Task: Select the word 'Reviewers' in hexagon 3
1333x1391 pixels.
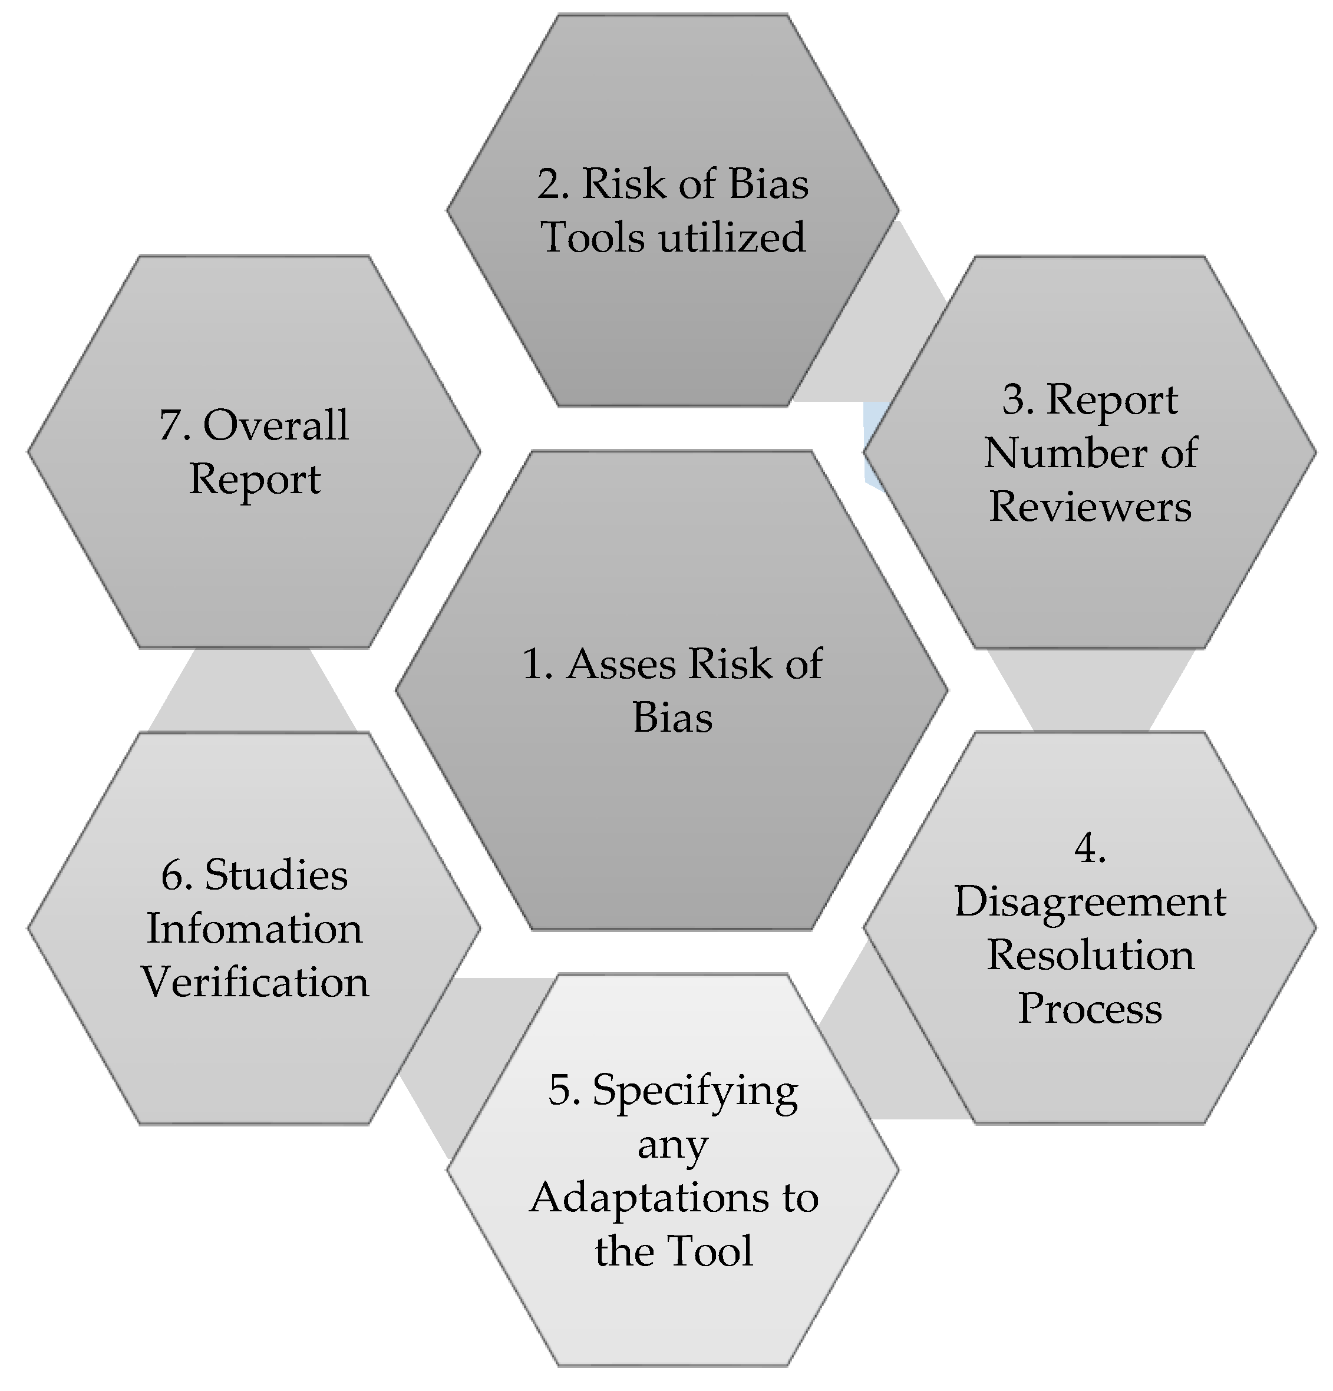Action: (1090, 507)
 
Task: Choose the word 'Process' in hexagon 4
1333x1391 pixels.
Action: (1090, 1009)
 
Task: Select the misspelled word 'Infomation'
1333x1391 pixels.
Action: (254, 929)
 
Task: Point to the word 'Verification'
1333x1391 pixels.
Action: (254, 983)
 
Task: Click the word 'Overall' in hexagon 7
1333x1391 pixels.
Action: (275, 426)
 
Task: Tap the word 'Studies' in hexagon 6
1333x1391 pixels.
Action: (275, 875)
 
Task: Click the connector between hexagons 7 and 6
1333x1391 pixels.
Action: (252, 692)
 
